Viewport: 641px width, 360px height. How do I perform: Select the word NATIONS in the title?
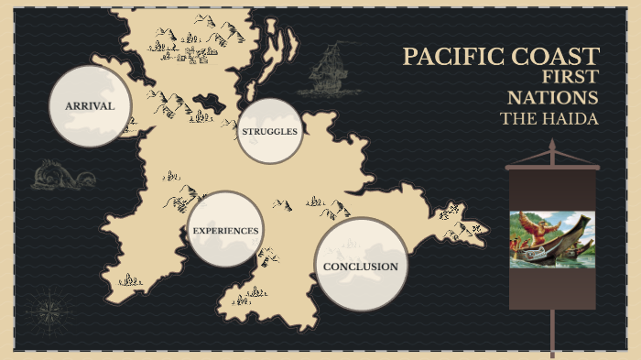click(x=555, y=98)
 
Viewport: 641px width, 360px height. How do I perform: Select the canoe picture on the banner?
click(x=552, y=239)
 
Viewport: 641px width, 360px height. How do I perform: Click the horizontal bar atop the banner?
click(x=552, y=168)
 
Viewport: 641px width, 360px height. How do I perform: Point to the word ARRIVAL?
click(x=90, y=106)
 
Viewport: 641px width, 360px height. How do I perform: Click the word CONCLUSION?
click(x=361, y=267)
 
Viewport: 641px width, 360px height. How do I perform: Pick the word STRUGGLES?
click(x=269, y=132)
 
